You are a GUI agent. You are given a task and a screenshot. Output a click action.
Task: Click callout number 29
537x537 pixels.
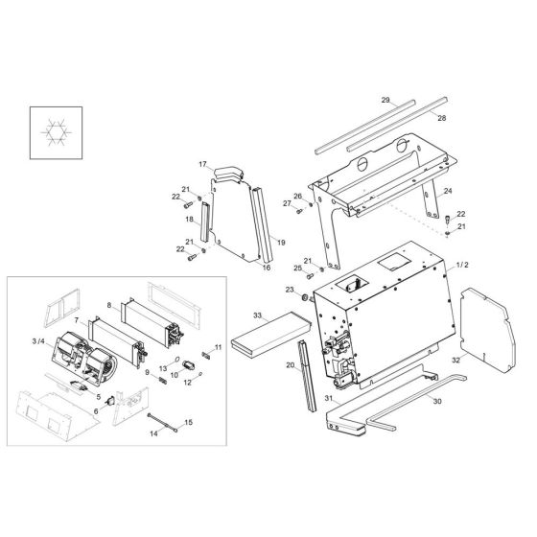click(x=385, y=100)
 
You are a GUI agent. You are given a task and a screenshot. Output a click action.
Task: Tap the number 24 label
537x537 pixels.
click(x=446, y=192)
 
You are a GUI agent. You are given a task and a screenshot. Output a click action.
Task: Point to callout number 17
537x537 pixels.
click(x=202, y=164)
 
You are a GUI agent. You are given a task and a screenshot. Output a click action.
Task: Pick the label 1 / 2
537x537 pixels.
click(x=462, y=265)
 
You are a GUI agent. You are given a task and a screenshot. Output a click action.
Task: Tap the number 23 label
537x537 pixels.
click(x=291, y=290)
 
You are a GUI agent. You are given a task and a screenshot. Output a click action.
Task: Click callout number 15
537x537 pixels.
click(x=188, y=422)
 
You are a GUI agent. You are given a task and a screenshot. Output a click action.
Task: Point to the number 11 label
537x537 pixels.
click(x=219, y=346)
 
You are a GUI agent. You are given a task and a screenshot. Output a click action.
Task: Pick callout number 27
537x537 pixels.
click(x=286, y=203)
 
